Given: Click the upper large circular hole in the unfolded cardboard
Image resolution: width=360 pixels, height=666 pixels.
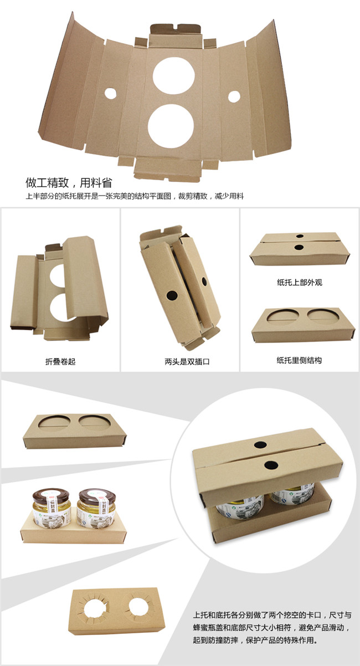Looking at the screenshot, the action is click(173, 75).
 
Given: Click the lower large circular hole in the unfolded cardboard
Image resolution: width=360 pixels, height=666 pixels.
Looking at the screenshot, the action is click(171, 126).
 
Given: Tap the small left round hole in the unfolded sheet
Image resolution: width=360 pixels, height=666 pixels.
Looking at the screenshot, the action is click(110, 93).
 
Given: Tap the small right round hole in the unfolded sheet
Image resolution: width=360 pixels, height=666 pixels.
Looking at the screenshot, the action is click(234, 96).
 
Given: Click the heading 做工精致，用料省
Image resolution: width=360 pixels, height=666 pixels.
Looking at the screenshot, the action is click(69, 182).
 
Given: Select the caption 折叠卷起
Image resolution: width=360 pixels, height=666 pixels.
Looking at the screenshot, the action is click(60, 362).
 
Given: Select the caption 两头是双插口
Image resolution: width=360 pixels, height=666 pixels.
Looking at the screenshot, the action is click(187, 362).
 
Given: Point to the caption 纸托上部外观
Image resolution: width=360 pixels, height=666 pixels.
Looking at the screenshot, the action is click(300, 283).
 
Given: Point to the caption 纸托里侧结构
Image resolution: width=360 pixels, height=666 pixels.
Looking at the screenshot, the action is click(299, 360).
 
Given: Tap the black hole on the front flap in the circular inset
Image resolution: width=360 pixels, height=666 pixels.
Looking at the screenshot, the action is click(270, 465).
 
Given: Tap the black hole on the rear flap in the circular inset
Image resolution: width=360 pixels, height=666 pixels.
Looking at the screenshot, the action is click(260, 445).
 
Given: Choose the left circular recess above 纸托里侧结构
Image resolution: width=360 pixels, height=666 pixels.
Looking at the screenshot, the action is click(282, 316).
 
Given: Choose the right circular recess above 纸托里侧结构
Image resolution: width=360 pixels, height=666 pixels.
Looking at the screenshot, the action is click(323, 316).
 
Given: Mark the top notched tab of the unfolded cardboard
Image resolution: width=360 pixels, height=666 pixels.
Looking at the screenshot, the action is click(175, 29).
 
